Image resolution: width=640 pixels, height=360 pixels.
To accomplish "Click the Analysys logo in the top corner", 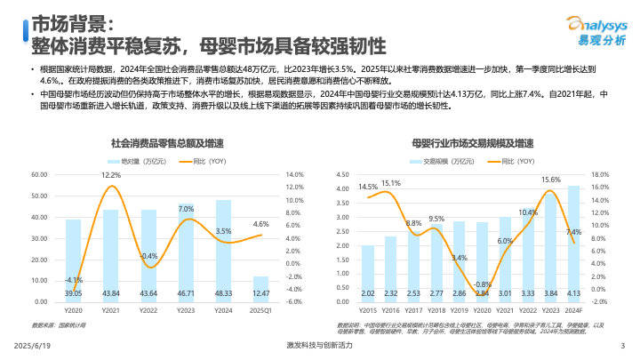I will pos(588,31).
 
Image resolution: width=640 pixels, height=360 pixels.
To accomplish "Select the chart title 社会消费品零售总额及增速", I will pos(167,142).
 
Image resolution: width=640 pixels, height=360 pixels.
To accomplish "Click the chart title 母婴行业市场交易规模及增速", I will pos(473,142).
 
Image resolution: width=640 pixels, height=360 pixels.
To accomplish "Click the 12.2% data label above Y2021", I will pos(111,176).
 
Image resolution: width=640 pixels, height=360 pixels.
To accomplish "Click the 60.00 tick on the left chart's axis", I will pos(39,175).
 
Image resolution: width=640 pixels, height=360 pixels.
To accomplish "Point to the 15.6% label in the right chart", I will pos(551,180).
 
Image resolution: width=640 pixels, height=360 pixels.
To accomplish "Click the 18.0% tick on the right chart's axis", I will pos(599,175).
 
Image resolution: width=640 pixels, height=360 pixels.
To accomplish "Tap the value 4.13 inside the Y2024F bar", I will pos(573,292).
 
